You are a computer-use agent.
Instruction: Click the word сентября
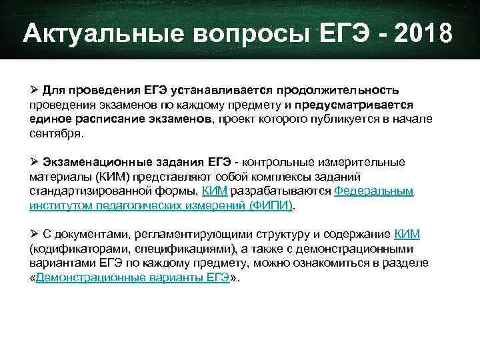(x=57, y=133)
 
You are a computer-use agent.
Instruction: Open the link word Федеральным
(x=373, y=191)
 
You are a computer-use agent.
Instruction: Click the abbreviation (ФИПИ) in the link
(x=271, y=206)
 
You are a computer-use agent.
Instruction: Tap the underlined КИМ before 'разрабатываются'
(x=215, y=191)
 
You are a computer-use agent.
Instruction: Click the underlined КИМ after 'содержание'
(x=407, y=235)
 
